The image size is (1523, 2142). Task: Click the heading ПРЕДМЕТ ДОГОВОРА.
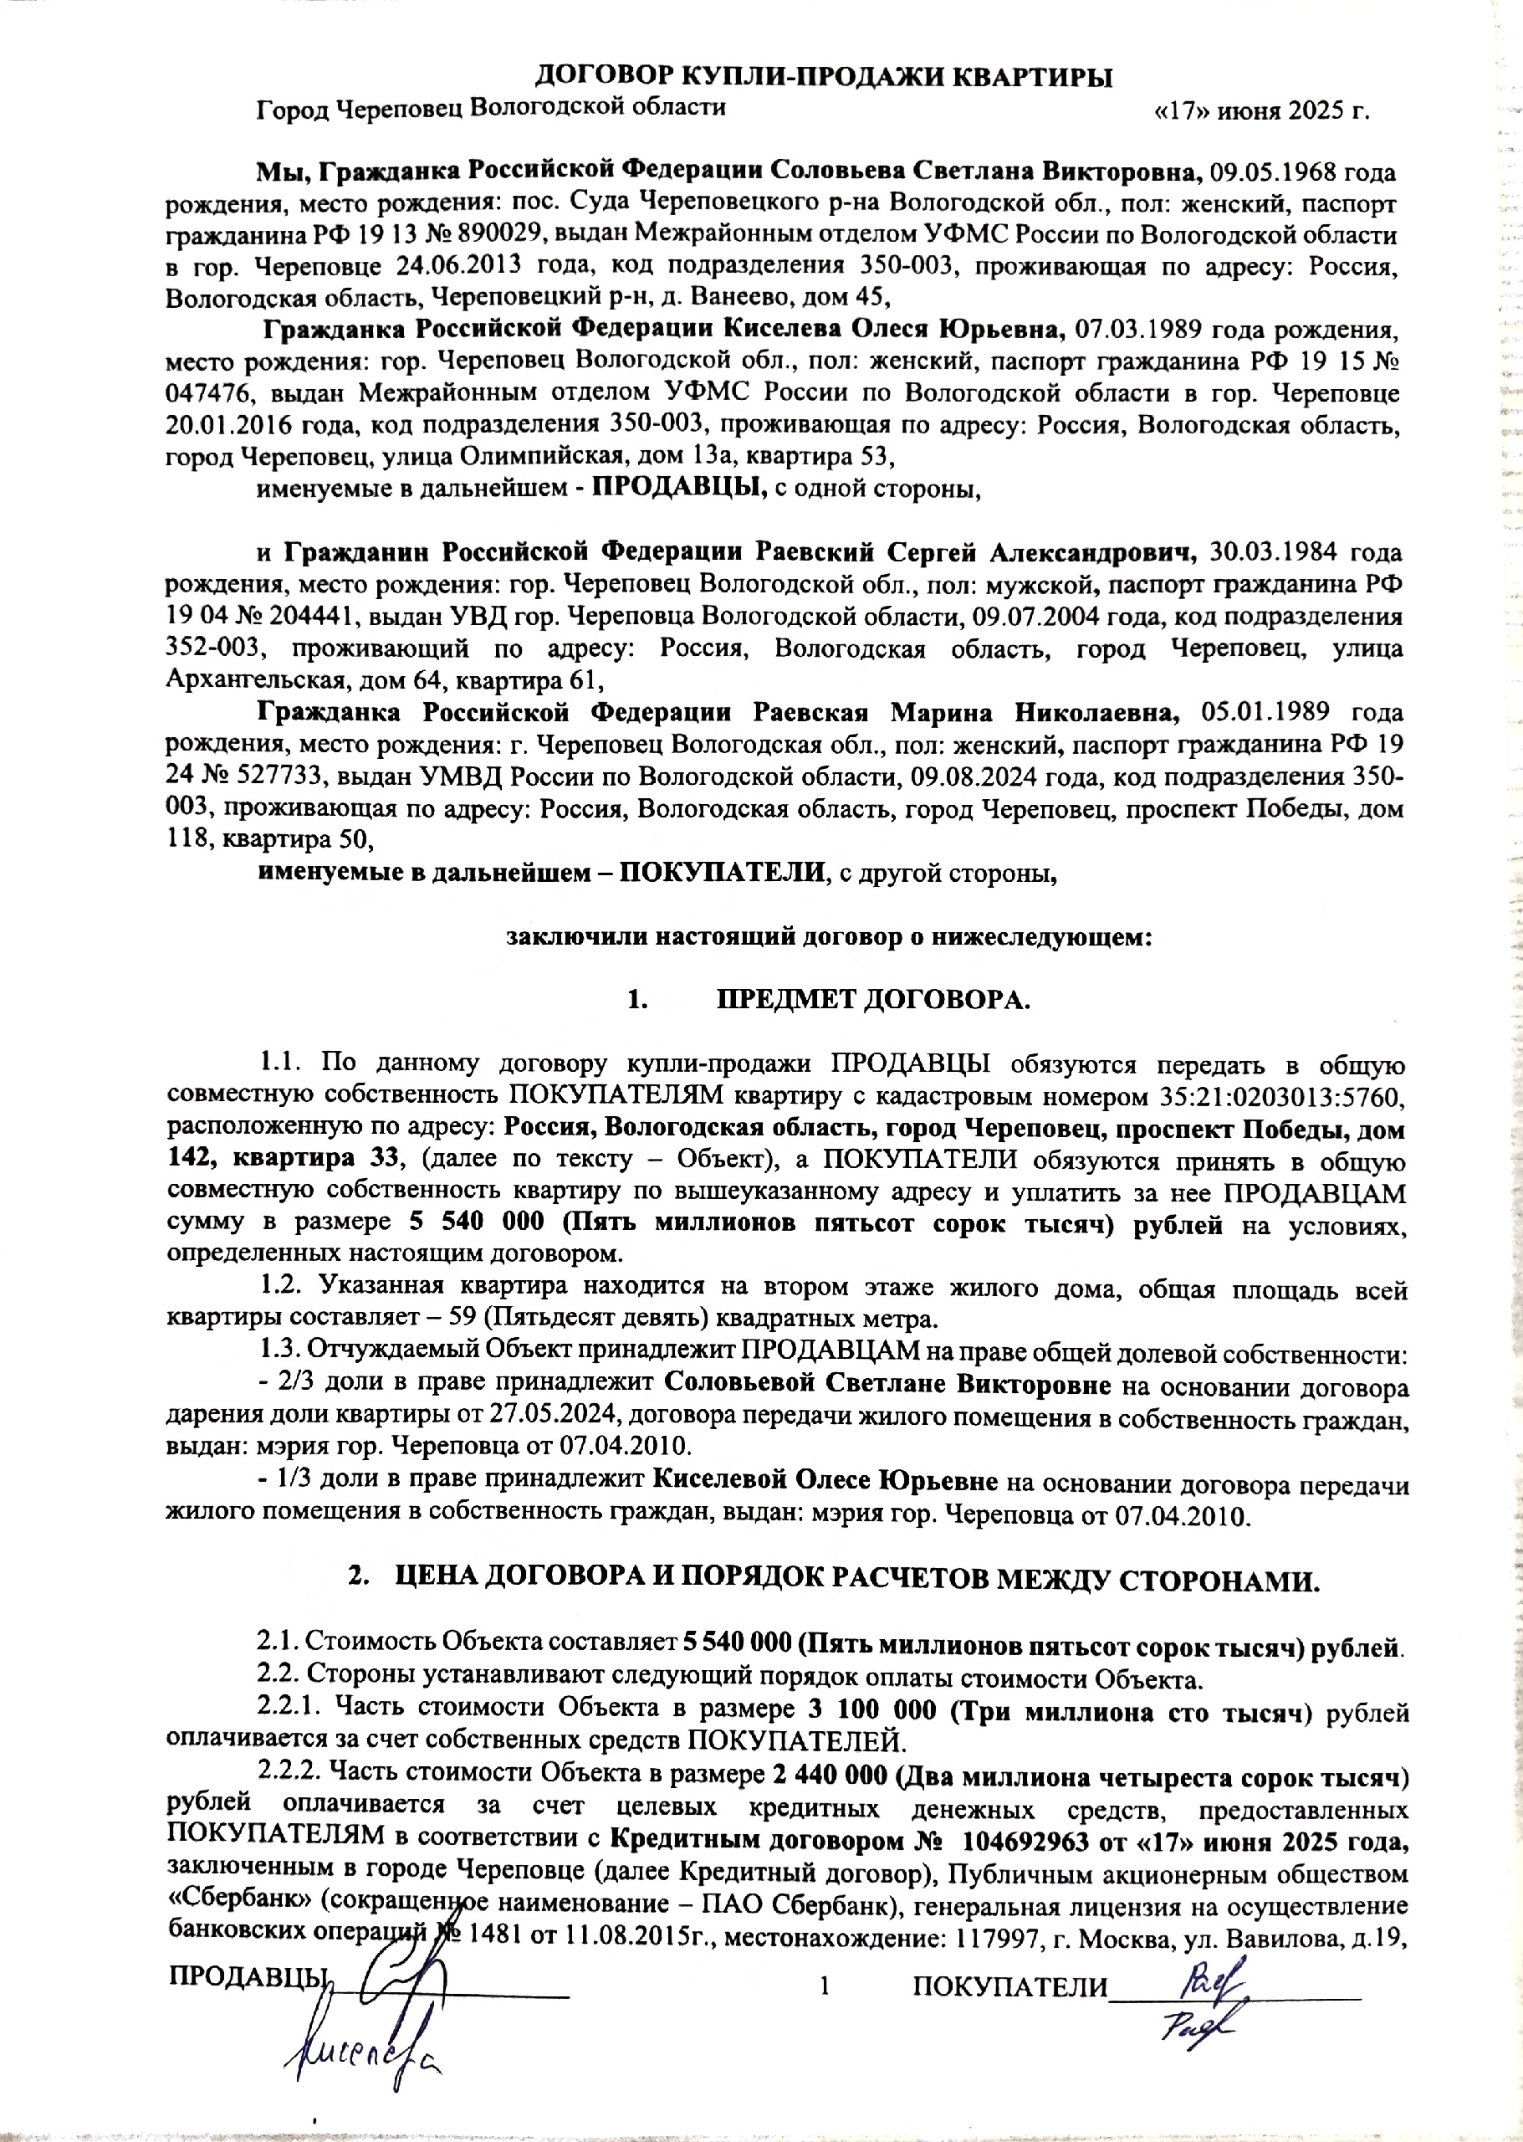[874, 1000]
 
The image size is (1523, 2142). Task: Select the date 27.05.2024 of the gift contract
[494, 1417]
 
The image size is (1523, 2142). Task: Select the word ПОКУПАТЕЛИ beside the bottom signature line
[1010, 1986]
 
